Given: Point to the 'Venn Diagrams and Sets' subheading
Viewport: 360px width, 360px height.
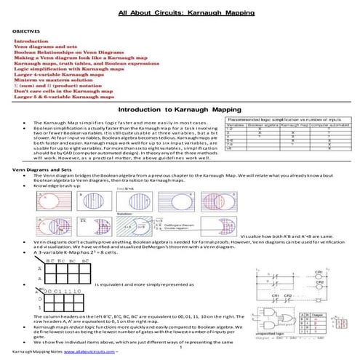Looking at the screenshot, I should (41, 168).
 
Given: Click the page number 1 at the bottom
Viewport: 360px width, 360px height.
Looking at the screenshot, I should (180, 348).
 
